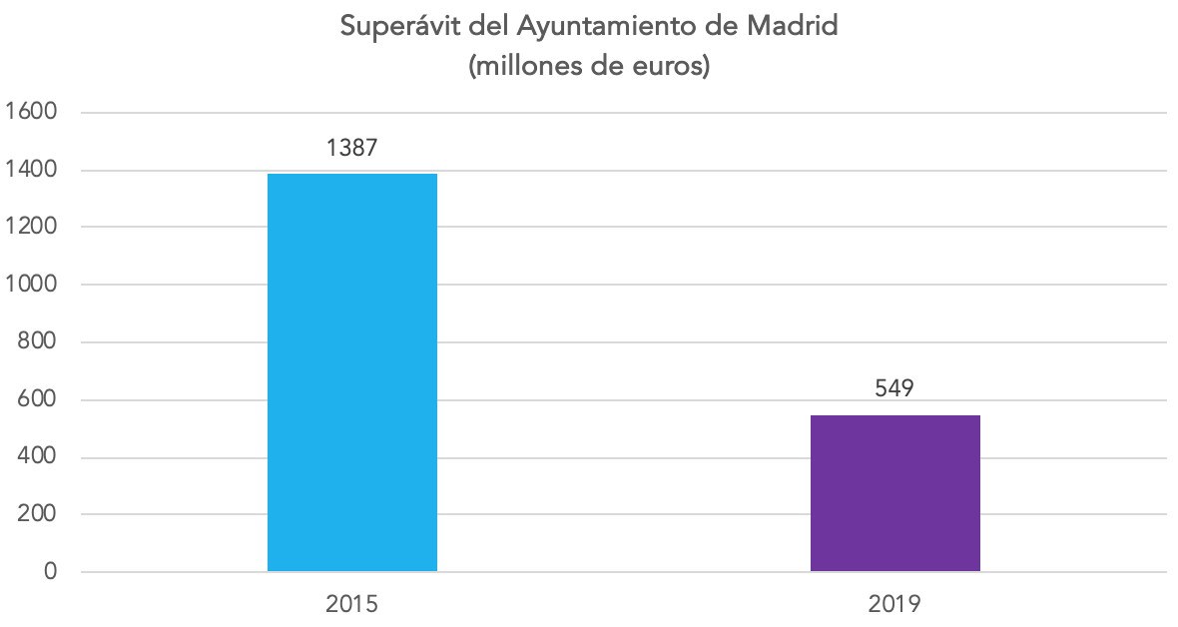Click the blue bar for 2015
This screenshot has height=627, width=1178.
click(351, 372)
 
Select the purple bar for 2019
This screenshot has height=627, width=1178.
click(894, 493)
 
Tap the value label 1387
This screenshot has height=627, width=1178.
click(352, 148)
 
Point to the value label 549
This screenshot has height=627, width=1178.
click(894, 388)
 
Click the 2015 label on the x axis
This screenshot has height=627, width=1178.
click(351, 604)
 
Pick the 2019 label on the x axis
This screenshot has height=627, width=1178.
click(894, 604)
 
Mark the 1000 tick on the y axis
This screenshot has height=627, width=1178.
click(32, 284)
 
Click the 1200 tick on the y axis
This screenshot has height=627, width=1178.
click(32, 227)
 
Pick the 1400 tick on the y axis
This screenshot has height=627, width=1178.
click(32, 170)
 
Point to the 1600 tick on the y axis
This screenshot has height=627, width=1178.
click(32, 112)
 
